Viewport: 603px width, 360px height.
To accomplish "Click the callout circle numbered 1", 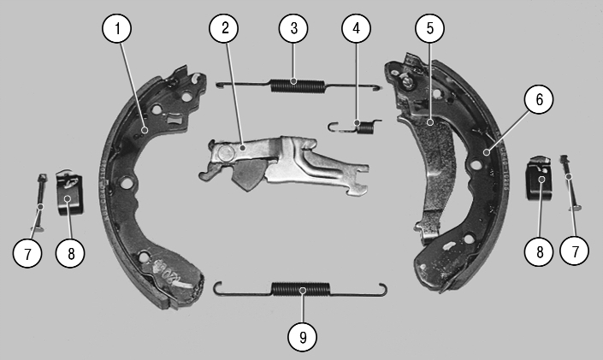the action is pos(117,28).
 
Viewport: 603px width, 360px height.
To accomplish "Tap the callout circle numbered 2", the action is pos(224,28).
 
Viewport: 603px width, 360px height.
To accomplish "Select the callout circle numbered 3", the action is pos(293,28).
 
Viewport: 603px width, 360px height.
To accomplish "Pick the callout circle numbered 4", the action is pos(356,28).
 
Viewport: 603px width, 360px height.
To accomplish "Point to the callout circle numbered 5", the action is pos(429,28).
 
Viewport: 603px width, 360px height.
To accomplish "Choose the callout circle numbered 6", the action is pos(539,99).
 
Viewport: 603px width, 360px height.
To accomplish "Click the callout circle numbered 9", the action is pos(303,337).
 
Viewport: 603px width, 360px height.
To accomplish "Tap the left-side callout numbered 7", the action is pos(27,253).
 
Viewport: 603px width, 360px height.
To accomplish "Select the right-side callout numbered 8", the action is pos(539,252).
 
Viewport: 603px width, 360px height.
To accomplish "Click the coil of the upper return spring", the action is pos(298,86).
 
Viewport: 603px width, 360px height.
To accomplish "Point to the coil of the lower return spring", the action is pos(301,289).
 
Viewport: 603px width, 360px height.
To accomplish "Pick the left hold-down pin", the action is pos(40,203).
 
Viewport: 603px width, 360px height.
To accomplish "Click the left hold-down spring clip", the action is pos(69,192).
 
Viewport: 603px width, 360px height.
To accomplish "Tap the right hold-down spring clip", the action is pos(539,178).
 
